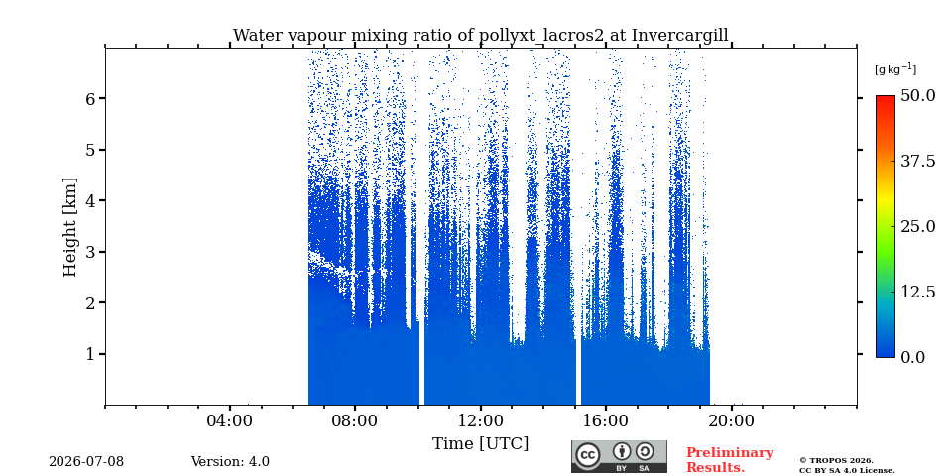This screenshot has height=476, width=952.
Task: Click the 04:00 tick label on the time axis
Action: coord(229,420)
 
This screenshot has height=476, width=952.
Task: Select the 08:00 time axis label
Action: coord(355,420)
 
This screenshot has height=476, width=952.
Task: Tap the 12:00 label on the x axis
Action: coord(480,420)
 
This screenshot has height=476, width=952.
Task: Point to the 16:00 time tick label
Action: coord(606,420)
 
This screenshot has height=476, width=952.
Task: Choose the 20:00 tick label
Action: coord(731,420)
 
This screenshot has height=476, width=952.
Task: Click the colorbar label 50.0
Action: coord(917,95)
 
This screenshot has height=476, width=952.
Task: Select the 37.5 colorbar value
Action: coord(917,161)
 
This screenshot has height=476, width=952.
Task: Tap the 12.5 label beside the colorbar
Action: coord(917,292)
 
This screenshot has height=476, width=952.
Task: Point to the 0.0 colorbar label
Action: coord(912,357)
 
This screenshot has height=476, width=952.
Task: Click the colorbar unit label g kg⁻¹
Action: coord(895,69)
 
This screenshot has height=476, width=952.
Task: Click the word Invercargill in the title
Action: coord(680,36)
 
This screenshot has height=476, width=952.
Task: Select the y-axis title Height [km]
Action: coord(70,227)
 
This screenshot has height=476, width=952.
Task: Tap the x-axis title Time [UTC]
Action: coord(480,444)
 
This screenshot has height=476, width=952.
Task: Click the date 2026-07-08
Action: coord(86,462)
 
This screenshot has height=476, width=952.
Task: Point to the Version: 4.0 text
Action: coord(230,462)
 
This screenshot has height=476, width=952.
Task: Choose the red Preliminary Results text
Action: coord(730,460)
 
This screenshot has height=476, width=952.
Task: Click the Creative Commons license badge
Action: coord(619,456)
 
